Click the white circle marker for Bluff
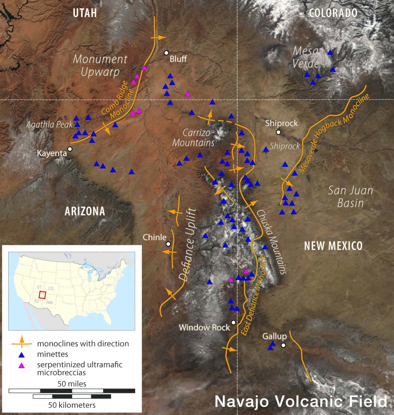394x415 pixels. click(x=166, y=53)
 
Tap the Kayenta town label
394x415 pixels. click(x=52, y=153)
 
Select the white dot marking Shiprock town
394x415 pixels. click(x=278, y=132)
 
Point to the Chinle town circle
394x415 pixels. click(x=168, y=244)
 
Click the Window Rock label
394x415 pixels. click(x=204, y=328)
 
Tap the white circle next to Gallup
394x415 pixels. click(x=283, y=345)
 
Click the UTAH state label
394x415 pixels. click(x=85, y=13)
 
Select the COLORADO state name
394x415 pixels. click(x=333, y=13)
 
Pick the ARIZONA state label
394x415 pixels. click(x=85, y=211)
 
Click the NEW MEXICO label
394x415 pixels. click(x=333, y=246)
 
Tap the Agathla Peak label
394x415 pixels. click(x=49, y=125)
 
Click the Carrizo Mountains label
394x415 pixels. click(x=194, y=138)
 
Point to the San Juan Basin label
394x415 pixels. click(x=351, y=197)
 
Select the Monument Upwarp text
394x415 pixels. click(x=100, y=65)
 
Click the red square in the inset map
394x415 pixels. click(x=42, y=295)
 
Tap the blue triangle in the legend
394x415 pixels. click(x=22, y=354)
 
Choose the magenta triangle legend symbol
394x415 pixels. click(x=22, y=365)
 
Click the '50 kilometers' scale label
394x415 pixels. click(x=72, y=405)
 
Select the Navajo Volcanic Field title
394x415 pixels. click(x=301, y=402)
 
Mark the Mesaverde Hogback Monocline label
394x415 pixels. click(x=334, y=133)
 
